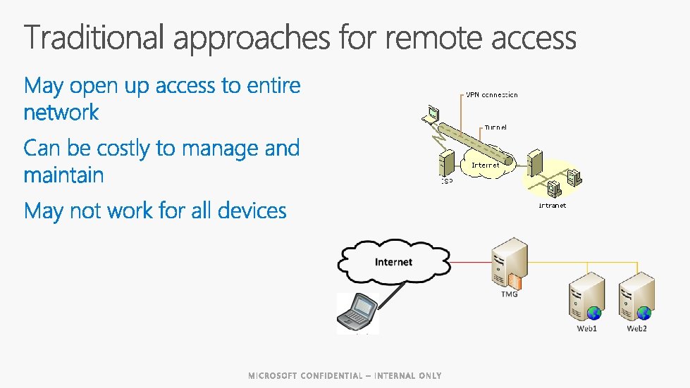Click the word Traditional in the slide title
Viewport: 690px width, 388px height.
point(94,38)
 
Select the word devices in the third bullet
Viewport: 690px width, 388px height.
point(251,211)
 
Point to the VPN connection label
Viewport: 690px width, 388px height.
point(491,94)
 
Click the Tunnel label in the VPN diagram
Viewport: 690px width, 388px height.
point(495,127)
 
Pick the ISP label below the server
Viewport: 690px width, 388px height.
point(448,181)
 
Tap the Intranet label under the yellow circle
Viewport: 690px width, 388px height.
point(552,206)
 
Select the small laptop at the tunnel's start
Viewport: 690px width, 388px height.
point(430,114)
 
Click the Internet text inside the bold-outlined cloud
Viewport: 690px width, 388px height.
point(393,262)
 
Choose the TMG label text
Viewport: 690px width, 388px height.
point(509,294)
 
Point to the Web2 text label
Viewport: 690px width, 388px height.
point(636,329)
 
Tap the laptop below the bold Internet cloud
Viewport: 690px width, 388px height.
point(358,312)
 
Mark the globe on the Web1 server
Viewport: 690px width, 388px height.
point(593,312)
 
